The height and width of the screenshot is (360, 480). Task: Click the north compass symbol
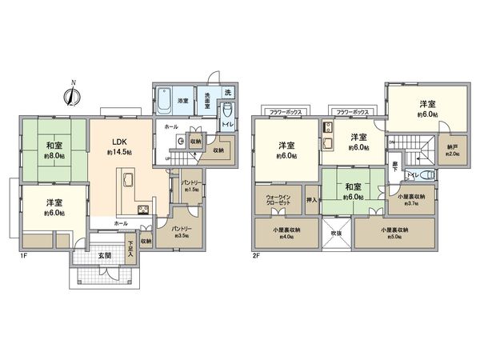[72, 94]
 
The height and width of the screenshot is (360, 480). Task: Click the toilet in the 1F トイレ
[226, 110]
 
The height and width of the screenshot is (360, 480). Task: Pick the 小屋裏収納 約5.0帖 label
[397, 233]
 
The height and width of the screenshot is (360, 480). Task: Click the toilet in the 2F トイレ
[428, 175]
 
